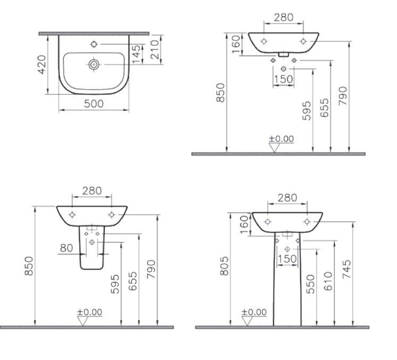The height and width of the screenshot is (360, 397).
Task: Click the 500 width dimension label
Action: click(94, 104)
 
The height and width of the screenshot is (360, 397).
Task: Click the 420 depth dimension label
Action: click(42, 64)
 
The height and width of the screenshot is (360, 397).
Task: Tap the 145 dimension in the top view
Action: click(136, 54)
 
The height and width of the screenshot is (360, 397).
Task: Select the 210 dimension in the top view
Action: click(155, 49)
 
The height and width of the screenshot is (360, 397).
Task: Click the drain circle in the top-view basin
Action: click(94, 64)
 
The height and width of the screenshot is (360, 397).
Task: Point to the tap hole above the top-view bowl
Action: click(94, 44)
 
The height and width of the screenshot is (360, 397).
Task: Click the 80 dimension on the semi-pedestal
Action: click(66, 248)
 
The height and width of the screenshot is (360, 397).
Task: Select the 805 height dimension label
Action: click(224, 266)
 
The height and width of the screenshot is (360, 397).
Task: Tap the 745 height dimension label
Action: click(347, 269)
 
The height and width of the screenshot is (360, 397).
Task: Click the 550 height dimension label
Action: click(310, 284)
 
